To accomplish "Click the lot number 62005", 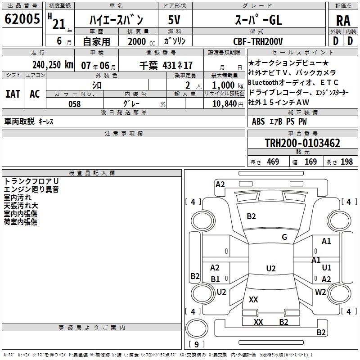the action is [22, 20].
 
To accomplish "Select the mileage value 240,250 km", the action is [53, 64].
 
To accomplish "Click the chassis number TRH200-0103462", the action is [302, 144].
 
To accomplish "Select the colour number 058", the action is [75, 103].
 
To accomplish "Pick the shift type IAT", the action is [13, 94].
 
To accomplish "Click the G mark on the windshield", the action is [284, 237].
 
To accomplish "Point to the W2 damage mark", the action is [320, 292].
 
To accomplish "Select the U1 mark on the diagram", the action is [327, 268].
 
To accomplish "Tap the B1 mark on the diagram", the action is [216, 279].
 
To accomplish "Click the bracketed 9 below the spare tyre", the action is [196, 345].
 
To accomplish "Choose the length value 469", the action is [273, 162].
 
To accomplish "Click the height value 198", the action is [346, 162].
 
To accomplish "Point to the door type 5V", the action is [175, 20].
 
